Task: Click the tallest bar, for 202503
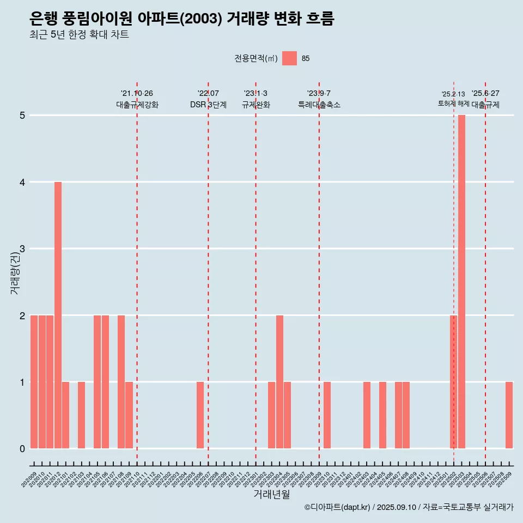(461, 282)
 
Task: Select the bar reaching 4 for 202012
(58, 315)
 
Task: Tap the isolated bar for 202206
(200, 415)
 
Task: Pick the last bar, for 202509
(509, 415)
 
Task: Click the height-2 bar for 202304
(279, 382)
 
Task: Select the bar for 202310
(327, 415)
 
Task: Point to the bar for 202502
(453, 382)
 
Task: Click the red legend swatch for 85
(289, 58)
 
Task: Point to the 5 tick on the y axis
(23, 115)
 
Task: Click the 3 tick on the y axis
(23, 249)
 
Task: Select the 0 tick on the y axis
(23, 449)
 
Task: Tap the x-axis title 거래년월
(271, 494)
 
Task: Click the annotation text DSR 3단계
(208, 105)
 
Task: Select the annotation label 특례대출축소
(319, 105)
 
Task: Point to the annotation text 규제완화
(256, 105)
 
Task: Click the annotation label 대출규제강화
(137, 105)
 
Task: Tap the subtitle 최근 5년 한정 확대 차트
(79, 35)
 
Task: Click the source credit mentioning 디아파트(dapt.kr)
(409, 507)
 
